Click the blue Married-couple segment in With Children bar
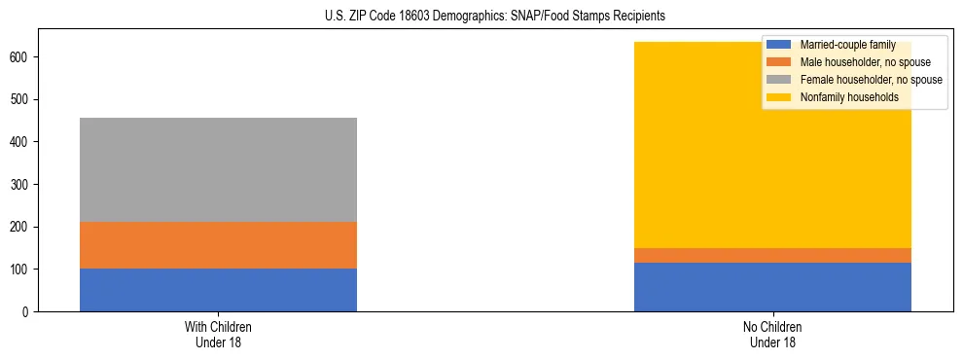tap(218, 290)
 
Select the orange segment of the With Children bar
tap(218, 245)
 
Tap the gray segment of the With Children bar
tap(218, 169)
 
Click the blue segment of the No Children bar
tap(772, 287)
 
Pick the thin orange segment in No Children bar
tap(772, 255)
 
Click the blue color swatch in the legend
tap(778, 45)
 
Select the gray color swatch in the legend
tap(778, 80)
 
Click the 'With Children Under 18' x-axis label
tap(218, 335)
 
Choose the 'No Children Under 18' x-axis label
tap(772, 335)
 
